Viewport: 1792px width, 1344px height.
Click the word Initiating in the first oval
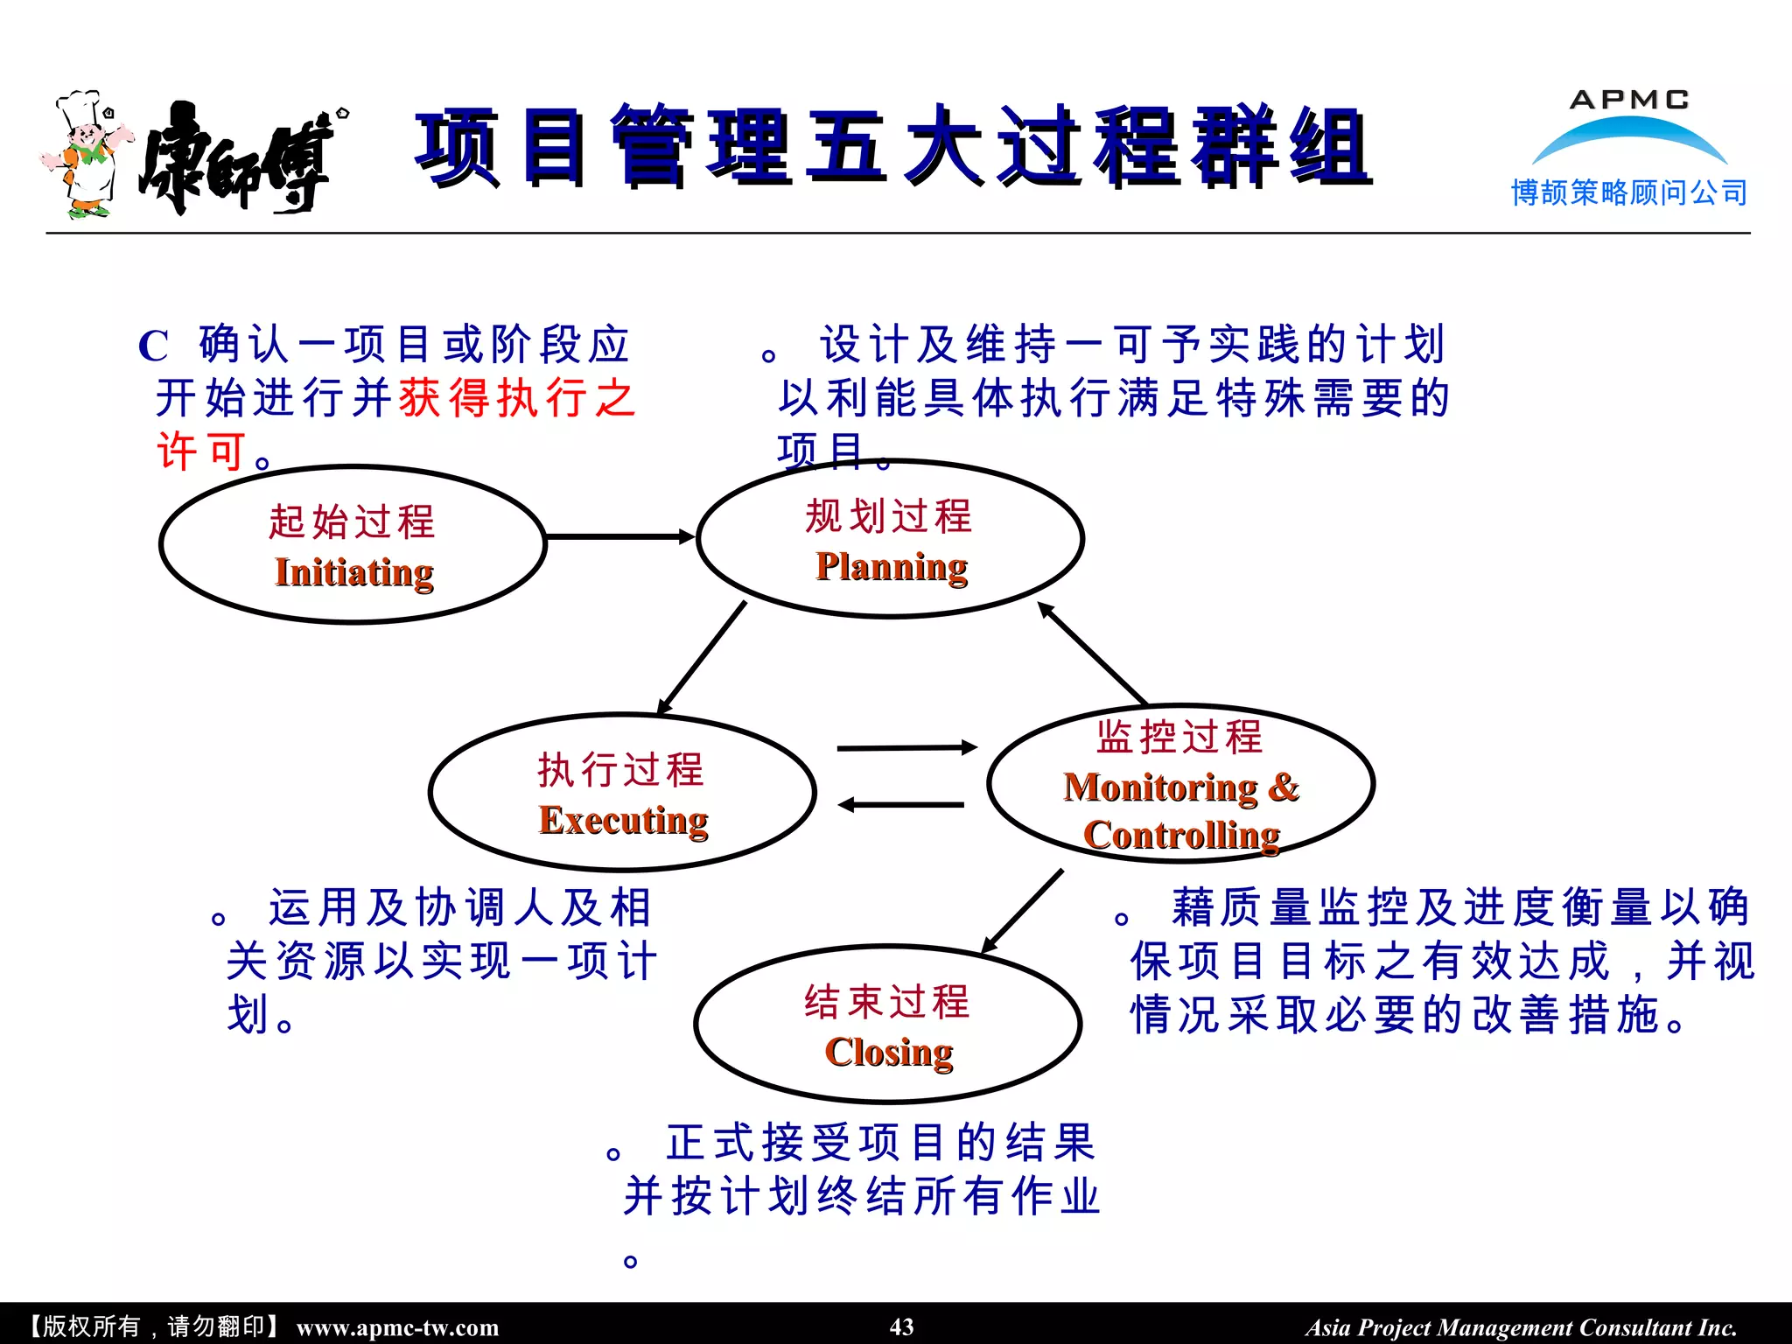(x=353, y=573)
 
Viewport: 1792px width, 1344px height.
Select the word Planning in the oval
(x=891, y=567)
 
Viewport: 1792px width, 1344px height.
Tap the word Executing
(x=623, y=821)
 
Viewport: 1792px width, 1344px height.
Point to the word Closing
(x=888, y=1053)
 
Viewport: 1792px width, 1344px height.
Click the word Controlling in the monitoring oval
(x=1181, y=836)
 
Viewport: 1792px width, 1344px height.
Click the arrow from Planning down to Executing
(x=702, y=657)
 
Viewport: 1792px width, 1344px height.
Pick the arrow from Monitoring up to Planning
(x=1093, y=654)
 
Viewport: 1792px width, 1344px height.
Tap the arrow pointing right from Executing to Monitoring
(x=906, y=748)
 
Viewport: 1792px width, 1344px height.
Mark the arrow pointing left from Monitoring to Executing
(x=901, y=805)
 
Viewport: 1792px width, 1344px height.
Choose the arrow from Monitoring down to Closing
(x=1022, y=911)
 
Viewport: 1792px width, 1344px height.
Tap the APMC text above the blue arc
(x=1628, y=100)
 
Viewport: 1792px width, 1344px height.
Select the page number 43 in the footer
(x=901, y=1326)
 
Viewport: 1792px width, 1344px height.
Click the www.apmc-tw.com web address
(x=397, y=1327)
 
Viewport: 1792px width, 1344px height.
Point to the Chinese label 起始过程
(x=352, y=521)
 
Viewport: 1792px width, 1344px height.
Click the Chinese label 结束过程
(x=887, y=1002)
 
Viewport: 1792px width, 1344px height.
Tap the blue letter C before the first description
(x=153, y=346)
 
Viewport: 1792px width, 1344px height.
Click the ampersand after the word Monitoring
(x=1283, y=787)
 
